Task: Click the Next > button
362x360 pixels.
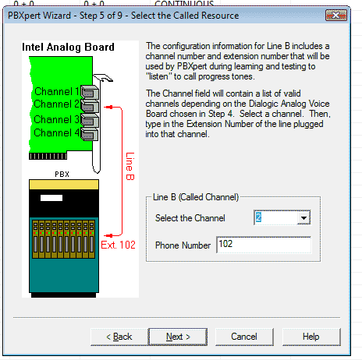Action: (x=178, y=337)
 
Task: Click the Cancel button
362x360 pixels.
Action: (x=244, y=337)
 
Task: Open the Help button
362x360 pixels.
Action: (x=311, y=337)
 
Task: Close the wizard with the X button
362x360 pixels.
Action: (x=335, y=16)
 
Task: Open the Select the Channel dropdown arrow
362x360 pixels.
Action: (x=303, y=217)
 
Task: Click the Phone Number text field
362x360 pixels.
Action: (x=264, y=245)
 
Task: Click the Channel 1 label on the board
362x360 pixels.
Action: (x=57, y=91)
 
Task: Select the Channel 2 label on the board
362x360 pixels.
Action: (x=56, y=104)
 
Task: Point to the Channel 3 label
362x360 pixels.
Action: (x=56, y=119)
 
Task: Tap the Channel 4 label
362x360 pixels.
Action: (x=56, y=132)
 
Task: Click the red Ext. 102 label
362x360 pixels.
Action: (x=118, y=245)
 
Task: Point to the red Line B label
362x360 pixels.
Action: (x=130, y=166)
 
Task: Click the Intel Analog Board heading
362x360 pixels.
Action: (x=68, y=48)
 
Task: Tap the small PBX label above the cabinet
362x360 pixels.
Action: (x=62, y=175)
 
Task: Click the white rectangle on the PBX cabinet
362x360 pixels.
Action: (x=51, y=198)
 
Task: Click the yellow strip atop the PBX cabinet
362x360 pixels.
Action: (x=64, y=185)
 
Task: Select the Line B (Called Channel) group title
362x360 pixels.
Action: (x=196, y=197)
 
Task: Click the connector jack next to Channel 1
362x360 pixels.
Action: (x=90, y=92)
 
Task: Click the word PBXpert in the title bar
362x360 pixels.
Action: (x=23, y=16)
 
